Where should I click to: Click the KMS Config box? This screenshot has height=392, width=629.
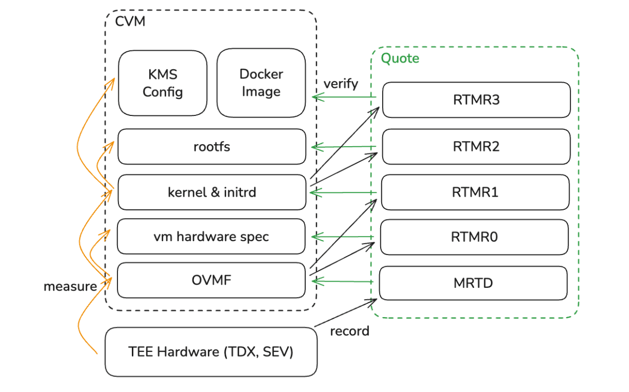(x=163, y=83)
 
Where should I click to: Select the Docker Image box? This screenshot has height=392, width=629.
(x=261, y=83)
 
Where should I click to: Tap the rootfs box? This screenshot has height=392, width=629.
(x=212, y=147)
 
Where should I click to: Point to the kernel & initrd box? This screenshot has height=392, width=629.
(x=212, y=192)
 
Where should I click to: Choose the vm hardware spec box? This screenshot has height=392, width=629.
(x=211, y=237)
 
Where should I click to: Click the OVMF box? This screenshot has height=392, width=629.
(x=211, y=280)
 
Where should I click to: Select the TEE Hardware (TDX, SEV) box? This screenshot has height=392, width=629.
(x=211, y=352)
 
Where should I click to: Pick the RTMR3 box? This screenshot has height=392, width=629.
(x=476, y=100)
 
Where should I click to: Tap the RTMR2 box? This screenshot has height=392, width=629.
(x=476, y=147)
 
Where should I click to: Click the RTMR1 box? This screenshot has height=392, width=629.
(x=476, y=192)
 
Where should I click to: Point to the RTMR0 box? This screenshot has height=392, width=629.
(x=475, y=237)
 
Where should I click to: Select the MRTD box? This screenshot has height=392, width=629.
(x=473, y=283)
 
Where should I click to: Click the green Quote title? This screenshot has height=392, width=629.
(x=400, y=58)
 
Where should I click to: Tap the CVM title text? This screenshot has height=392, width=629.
(x=130, y=22)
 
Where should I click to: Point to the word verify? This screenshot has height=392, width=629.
(x=341, y=84)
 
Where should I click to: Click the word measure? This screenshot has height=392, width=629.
(x=70, y=286)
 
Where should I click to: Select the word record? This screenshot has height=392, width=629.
(x=349, y=331)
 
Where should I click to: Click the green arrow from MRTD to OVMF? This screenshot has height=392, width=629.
(x=344, y=281)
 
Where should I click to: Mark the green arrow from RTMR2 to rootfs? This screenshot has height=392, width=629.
(x=344, y=148)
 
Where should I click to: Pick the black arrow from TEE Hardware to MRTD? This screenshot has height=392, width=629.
(x=346, y=313)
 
